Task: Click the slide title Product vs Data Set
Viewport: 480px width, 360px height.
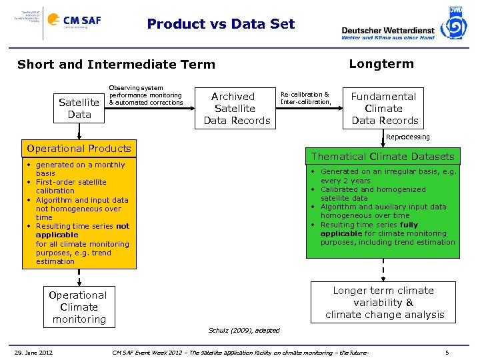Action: tap(221, 24)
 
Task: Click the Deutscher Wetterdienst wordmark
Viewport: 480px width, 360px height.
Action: tap(387, 30)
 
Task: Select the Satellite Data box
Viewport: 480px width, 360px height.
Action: tap(79, 108)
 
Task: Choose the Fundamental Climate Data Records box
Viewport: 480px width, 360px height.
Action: tap(385, 108)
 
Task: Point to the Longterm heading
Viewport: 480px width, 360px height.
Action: tap(381, 64)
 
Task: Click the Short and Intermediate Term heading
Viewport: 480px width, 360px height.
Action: tap(116, 65)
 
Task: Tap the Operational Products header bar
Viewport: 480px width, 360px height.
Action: tap(78, 148)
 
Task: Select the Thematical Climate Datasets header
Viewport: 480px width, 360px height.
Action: tap(383, 157)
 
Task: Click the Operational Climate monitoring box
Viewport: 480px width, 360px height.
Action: tap(79, 307)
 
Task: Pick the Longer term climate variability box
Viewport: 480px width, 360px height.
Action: tap(383, 303)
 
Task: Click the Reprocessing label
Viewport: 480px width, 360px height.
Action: tap(408, 137)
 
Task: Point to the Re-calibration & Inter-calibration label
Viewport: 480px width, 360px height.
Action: tap(305, 99)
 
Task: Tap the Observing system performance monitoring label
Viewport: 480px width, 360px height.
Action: tap(145, 95)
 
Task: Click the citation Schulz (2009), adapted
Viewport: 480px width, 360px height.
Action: tap(244, 331)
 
